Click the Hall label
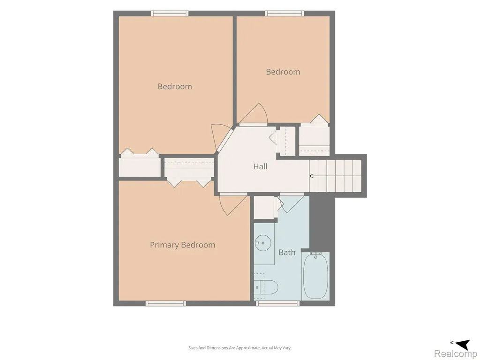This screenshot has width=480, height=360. click(260, 166)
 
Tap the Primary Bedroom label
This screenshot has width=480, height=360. click(182, 245)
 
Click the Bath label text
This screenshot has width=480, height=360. click(287, 253)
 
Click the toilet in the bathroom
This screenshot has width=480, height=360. click(266, 287)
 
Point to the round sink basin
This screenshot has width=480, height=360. click(263, 243)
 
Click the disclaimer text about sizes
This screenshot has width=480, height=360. click(240, 348)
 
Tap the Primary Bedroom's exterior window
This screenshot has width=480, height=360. click(165, 303)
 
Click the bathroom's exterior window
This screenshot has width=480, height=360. click(277, 303)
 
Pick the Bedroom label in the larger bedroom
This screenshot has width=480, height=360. click(175, 87)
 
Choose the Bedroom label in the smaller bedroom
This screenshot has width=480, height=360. click(283, 72)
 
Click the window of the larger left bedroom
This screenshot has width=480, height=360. click(170, 14)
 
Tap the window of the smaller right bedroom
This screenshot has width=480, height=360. click(285, 14)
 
